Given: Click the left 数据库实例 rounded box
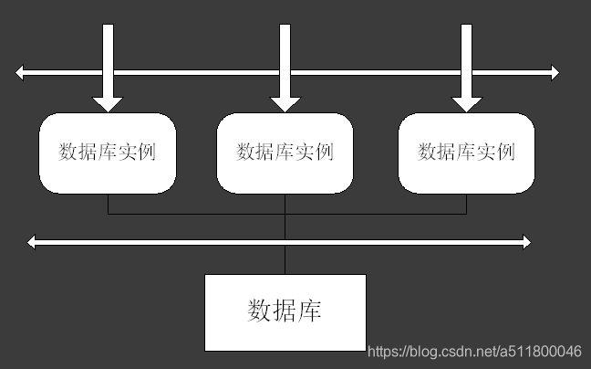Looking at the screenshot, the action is (107, 153).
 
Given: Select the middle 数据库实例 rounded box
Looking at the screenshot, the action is (285, 153).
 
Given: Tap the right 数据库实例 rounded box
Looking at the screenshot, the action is (466, 153).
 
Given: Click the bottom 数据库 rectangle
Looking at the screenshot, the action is (285, 311).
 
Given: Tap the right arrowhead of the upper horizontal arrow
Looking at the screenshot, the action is (553, 72).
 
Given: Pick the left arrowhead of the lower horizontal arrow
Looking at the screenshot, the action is (34, 242).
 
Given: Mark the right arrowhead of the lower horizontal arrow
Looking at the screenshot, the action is (524, 242).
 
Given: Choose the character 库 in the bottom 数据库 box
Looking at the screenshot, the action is (310, 311).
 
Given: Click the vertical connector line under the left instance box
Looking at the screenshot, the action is (109, 204).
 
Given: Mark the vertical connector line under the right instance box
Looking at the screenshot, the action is (466, 204).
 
